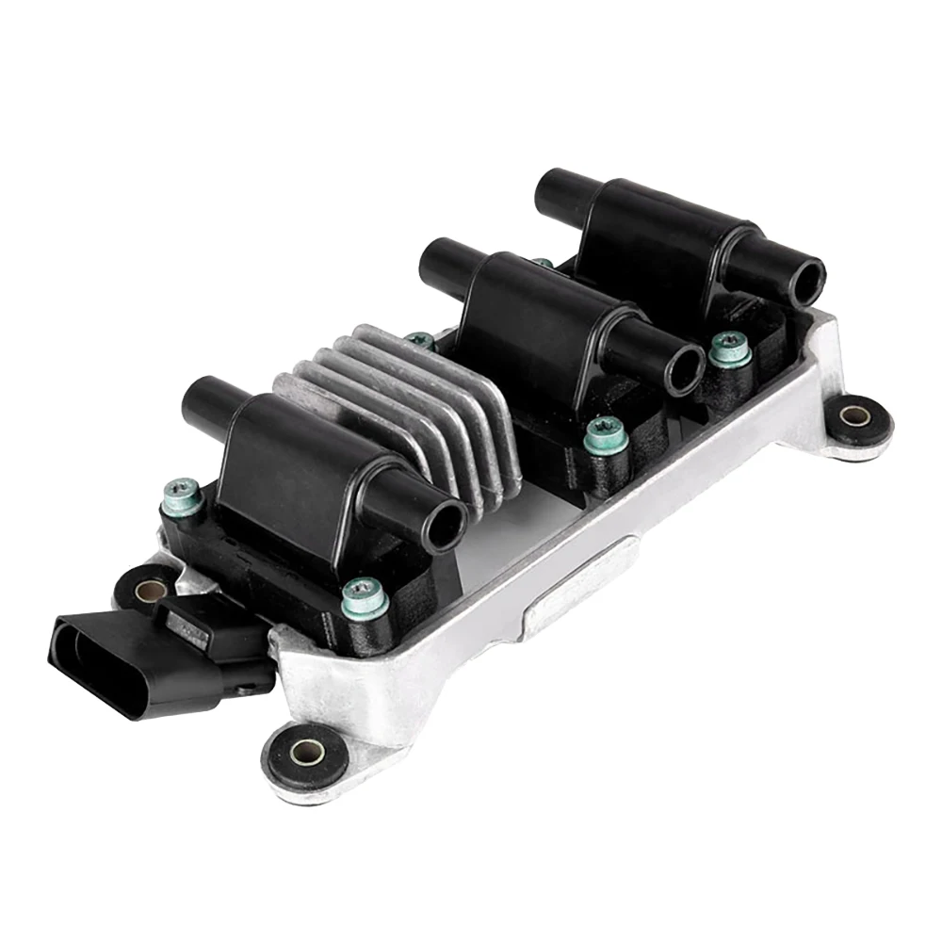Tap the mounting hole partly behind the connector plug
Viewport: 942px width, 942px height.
coord(147,592)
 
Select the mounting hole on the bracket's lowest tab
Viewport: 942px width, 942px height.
coord(304,752)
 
